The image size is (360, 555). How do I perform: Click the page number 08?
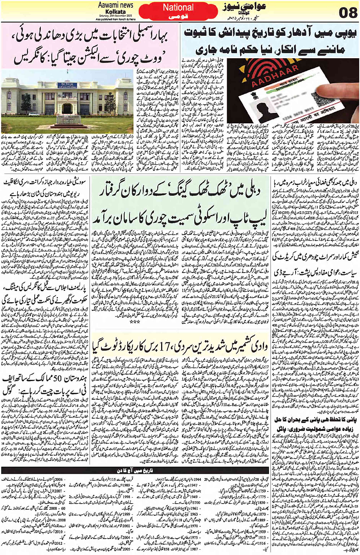tap(348, 13)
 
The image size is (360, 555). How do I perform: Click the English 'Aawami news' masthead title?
tap(115, 5)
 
